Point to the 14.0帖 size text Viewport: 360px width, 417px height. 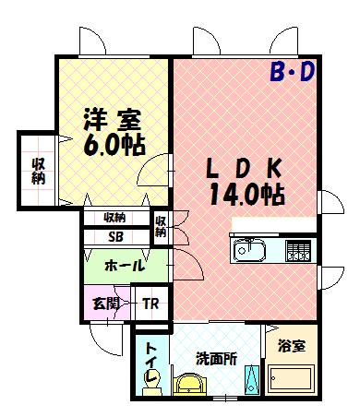244,195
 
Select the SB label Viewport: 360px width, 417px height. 116,236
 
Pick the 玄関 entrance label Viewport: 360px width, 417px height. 102,304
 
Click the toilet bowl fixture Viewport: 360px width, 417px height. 154,378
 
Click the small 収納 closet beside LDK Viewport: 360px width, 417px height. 160,227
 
